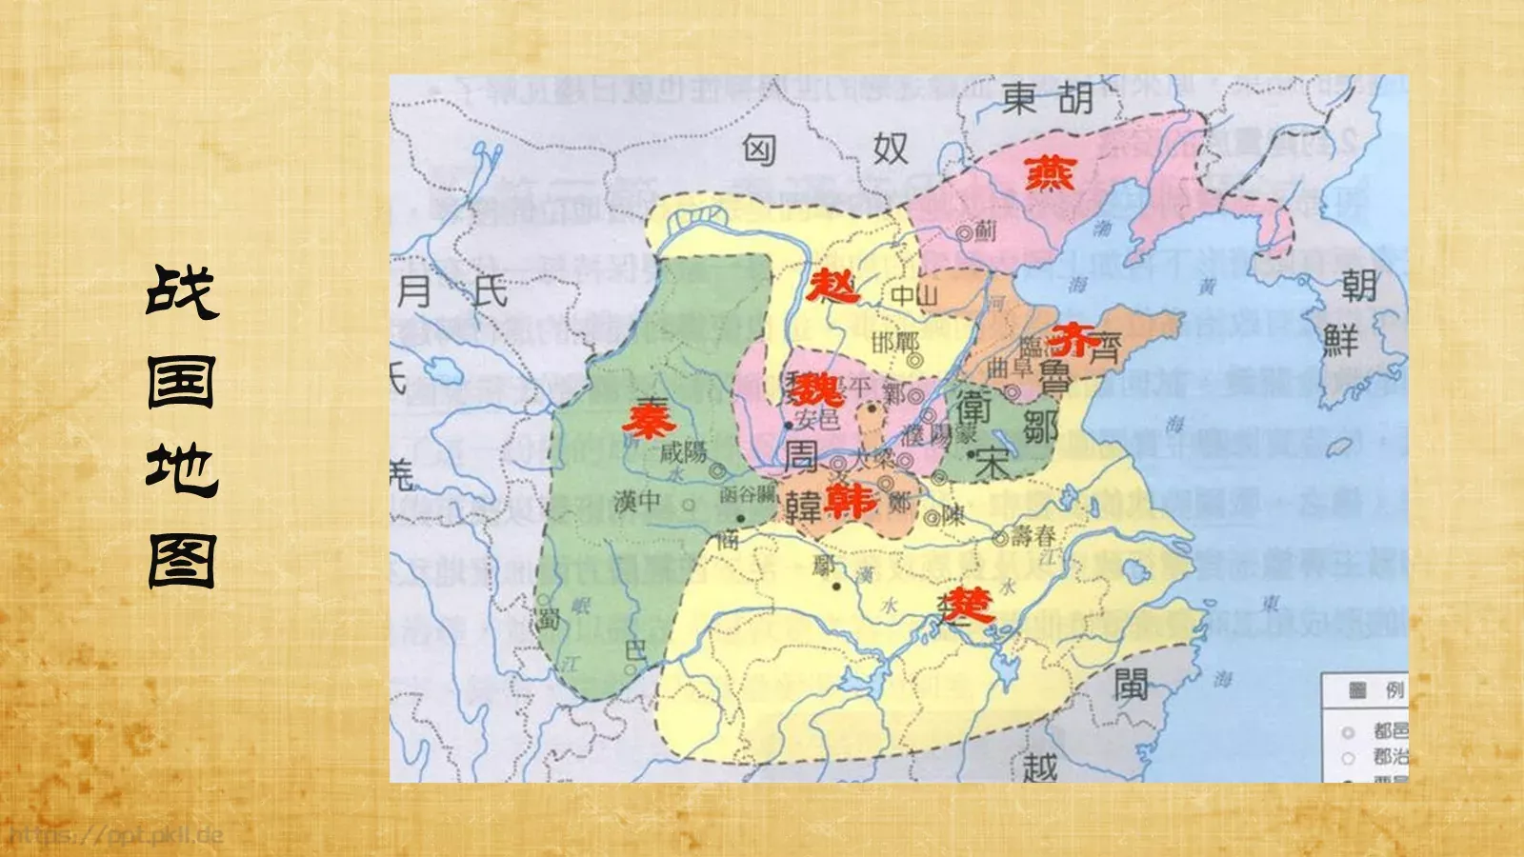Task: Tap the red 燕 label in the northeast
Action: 1050,173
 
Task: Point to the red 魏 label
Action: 817,389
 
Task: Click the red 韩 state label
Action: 851,500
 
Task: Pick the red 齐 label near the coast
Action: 1073,340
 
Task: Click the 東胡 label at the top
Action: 1047,98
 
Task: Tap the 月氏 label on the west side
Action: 451,290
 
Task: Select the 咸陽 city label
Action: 683,451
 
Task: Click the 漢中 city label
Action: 637,501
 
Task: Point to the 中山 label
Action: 914,296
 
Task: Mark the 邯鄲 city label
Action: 895,342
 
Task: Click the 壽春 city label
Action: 1033,535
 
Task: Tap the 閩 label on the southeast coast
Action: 1131,684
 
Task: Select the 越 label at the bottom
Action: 1040,767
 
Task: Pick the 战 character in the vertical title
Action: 182,291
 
